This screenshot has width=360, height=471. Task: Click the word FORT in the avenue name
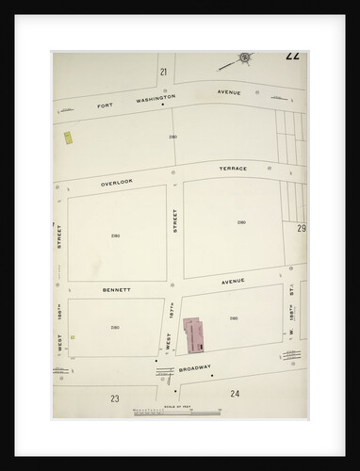pos(106,106)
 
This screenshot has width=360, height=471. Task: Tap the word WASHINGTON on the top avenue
pos(162,97)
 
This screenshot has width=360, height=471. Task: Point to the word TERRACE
pos(233,169)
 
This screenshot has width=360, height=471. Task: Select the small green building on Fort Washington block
pos(68,138)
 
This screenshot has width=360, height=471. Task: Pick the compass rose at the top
pos(243,58)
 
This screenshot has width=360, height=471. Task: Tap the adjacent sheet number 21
pos(163,72)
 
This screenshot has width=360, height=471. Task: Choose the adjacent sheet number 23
pos(114,398)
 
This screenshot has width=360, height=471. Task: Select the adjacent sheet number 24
pos(234,393)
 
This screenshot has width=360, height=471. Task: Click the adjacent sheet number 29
pos(301,229)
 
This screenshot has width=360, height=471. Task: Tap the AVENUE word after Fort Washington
pos(230,92)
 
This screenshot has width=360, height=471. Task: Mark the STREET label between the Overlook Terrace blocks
pos(175,224)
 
